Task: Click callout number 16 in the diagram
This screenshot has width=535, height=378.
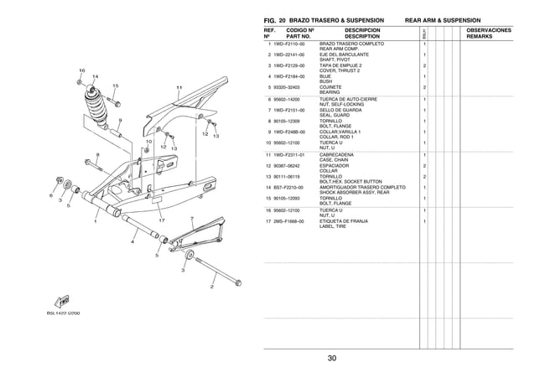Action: pyautogui.click(x=81, y=69)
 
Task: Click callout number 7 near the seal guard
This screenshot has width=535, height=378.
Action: pyautogui.click(x=192, y=219)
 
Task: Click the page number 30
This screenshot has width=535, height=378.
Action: pyautogui.click(x=333, y=359)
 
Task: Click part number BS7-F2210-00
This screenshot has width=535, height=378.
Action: pyautogui.click(x=284, y=187)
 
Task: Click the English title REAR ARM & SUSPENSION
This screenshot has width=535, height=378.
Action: pyautogui.click(x=449, y=18)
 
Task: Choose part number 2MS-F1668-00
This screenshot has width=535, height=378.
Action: pyautogui.click(x=284, y=221)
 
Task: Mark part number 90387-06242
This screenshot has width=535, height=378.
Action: pyautogui.click(x=283, y=165)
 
